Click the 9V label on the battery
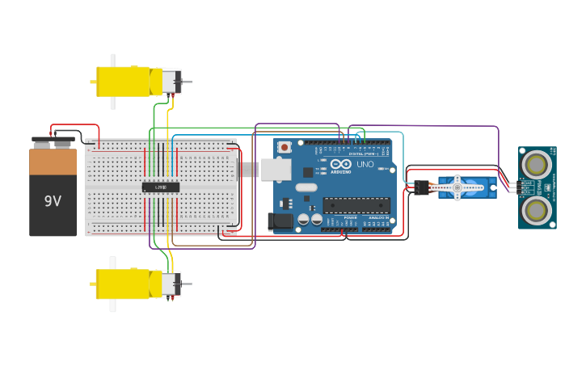coord(53,201)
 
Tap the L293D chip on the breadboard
coord(161,187)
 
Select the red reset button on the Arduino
coord(285,147)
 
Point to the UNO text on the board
coord(365,164)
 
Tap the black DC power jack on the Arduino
coord(280,221)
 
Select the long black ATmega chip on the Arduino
coord(356,205)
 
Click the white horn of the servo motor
coord(457,187)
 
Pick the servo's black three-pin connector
coord(422,187)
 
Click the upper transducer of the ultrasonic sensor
coord(535,165)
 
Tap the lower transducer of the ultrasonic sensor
coord(535,210)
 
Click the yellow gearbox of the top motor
coord(123,82)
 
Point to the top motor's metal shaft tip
coord(189,82)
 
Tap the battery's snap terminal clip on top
coord(53,142)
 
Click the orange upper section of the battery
coord(53,162)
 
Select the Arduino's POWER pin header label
coord(350,217)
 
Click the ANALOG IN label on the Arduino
coord(377,217)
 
